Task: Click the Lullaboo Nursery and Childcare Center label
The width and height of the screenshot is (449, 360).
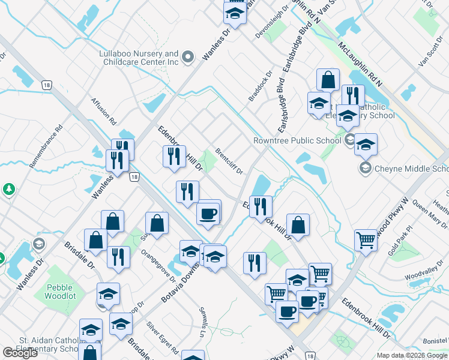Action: [x=139, y=58]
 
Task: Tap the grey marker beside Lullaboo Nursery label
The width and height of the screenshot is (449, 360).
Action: [x=188, y=57]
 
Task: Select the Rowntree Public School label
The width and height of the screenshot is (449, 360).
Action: [x=297, y=141]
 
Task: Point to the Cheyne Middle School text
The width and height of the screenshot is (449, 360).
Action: [x=411, y=169]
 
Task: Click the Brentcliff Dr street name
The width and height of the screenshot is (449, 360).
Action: [x=229, y=161]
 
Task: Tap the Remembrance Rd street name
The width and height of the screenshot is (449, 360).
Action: [x=46, y=146]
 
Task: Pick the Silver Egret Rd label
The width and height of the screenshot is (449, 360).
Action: [x=163, y=337]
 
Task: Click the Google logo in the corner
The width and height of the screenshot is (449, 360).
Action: [x=20, y=353]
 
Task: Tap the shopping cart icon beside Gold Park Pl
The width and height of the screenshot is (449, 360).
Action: [x=365, y=240]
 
